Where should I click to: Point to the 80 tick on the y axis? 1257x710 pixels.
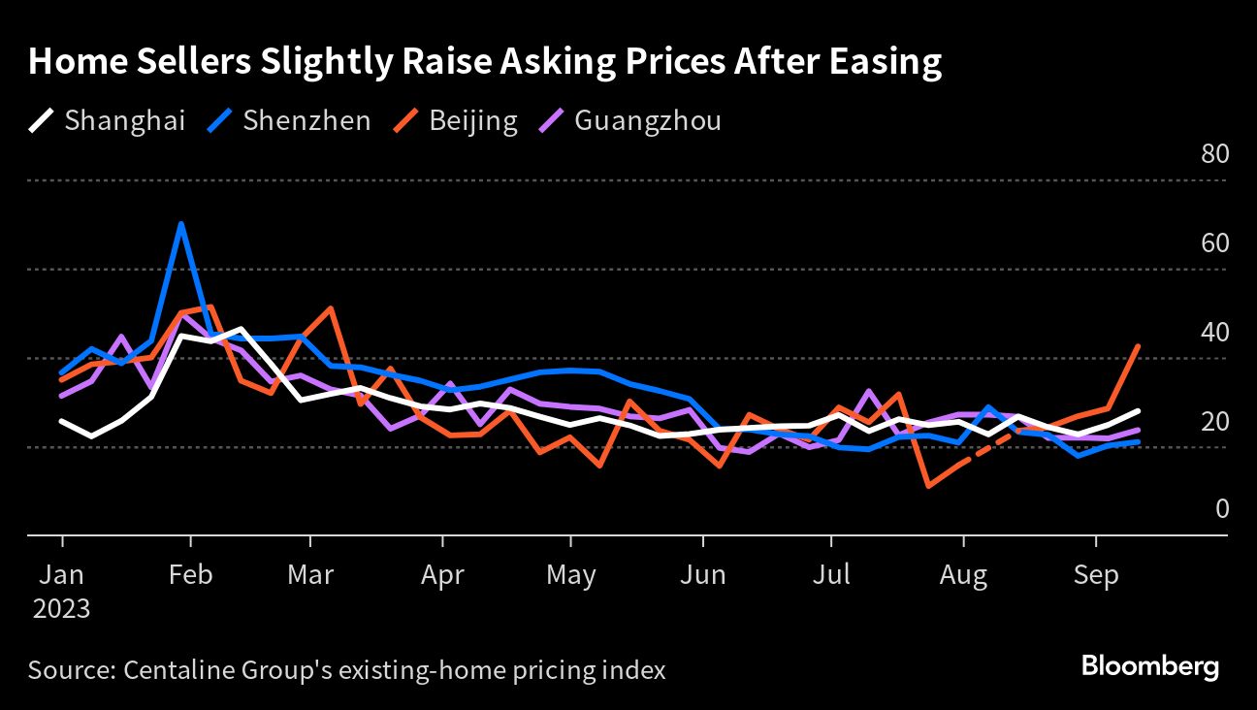[1215, 155]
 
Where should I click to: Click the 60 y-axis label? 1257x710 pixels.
[1215, 243]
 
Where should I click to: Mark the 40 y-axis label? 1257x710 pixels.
[1215, 333]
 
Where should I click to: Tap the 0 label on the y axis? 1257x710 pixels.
[1222, 510]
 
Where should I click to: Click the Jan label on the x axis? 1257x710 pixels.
[62, 575]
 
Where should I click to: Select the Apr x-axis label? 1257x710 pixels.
[442, 575]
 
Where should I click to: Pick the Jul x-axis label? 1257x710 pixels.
[831, 575]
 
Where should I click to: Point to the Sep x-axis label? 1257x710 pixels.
[1096, 575]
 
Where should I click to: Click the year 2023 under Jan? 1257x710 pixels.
[62, 609]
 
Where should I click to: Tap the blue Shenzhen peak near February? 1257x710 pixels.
[180, 224]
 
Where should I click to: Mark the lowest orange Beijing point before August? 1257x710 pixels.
[929, 485]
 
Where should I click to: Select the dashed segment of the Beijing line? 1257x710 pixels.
[989, 449]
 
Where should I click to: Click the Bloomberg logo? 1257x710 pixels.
[1150, 667]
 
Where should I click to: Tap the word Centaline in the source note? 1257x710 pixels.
[172, 670]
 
